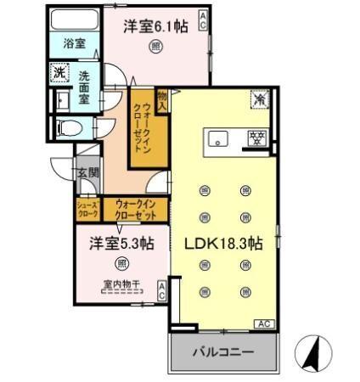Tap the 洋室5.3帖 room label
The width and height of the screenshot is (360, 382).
click(x=122, y=243)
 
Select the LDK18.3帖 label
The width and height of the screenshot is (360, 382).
click(x=224, y=243)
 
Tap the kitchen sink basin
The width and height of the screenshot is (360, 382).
click(x=216, y=138)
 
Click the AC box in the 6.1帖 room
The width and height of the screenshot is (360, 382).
click(x=203, y=20)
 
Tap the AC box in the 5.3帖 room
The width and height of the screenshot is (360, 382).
click(x=161, y=292)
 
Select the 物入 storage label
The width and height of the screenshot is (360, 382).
click(x=161, y=98)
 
